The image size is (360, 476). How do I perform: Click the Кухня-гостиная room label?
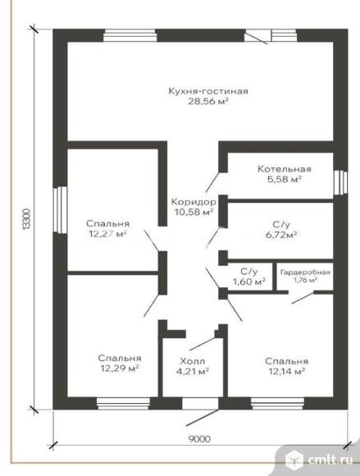pos(208,91)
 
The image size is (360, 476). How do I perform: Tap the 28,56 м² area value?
pos(208,102)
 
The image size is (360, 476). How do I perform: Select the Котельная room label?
pos(285,169)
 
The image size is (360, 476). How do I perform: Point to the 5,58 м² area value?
pos(285,179)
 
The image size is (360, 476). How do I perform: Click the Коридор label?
pos(194,202)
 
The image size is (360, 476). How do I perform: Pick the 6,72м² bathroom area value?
pos(281,235)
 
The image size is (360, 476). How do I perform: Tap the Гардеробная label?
pos(305,272)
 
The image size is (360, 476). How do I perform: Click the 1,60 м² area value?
pos(249,281)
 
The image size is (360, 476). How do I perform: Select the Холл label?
pos(193,361)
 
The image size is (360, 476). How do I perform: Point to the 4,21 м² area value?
pos(193,371)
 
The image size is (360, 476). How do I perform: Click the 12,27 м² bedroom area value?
pos(107,234)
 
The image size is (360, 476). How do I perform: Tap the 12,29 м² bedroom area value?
pos(120,368)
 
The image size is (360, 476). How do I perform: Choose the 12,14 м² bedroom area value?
pos(286,371)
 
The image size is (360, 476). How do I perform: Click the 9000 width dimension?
pos(199,439)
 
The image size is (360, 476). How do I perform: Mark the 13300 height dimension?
pos(27,219)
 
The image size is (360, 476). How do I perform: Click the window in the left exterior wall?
pos(60,210)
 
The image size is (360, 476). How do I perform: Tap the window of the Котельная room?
pos(340,182)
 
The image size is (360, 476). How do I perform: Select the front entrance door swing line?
pos(202,418)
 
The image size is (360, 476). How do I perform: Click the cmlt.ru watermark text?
pos(330,460)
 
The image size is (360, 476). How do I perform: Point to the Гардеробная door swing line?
pos(303,298)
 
